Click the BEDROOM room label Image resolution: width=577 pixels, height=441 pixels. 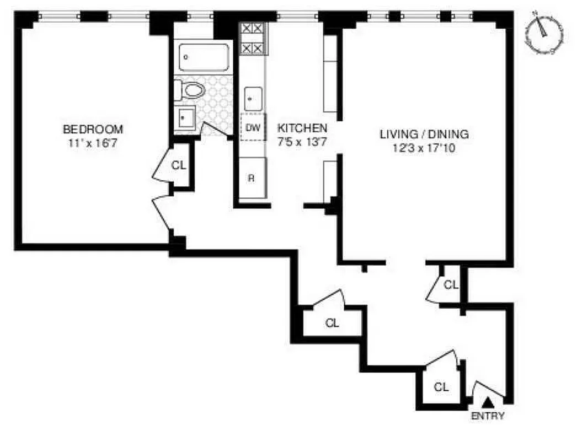[93, 130]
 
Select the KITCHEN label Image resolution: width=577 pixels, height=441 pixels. [302, 128]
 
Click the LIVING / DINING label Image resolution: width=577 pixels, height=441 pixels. [424, 134]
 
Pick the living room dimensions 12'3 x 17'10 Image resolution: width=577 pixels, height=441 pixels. [424, 148]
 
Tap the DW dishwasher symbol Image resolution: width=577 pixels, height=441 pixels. [253, 128]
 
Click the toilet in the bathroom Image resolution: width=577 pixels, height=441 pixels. [188, 90]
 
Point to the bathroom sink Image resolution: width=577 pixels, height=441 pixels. [184, 117]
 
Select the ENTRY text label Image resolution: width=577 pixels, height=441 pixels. [487, 416]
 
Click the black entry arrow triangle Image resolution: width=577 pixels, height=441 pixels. [488, 405]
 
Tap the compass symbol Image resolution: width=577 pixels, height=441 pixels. [544, 33]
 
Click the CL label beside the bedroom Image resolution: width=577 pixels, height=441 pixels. [178, 165]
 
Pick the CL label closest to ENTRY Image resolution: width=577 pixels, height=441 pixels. [441, 387]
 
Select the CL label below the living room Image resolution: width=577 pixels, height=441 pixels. [451, 285]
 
